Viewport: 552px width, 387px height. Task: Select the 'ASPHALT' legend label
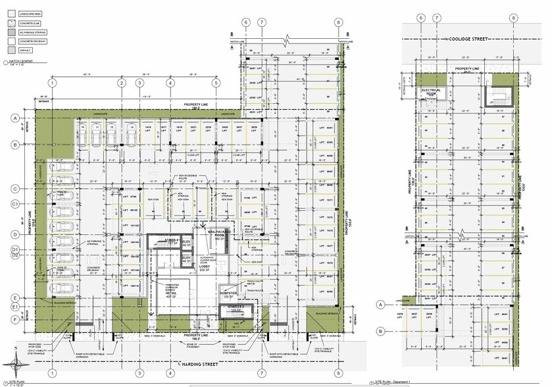click(26, 50)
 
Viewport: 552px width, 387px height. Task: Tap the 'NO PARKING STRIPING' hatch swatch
click(11, 32)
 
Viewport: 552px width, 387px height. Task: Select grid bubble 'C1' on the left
click(14, 204)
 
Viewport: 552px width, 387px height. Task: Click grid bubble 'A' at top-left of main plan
click(14, 118)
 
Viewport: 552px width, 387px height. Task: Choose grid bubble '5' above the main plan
click(215, 83)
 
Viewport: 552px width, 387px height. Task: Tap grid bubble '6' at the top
click(246, 22)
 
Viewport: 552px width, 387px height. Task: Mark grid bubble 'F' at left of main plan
click(14, 320)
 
